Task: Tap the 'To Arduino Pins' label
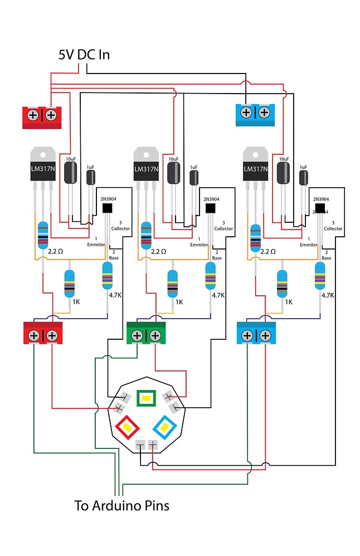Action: point(121,505)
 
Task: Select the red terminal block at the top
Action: point(42,116)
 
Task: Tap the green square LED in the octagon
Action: point(146,398)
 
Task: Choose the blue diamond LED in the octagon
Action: point(164,427)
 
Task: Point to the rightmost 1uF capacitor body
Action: point(303,178)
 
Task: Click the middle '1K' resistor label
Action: point(179,302)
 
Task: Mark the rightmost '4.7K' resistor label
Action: point(327,295)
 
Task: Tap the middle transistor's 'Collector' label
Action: point(223,228)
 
